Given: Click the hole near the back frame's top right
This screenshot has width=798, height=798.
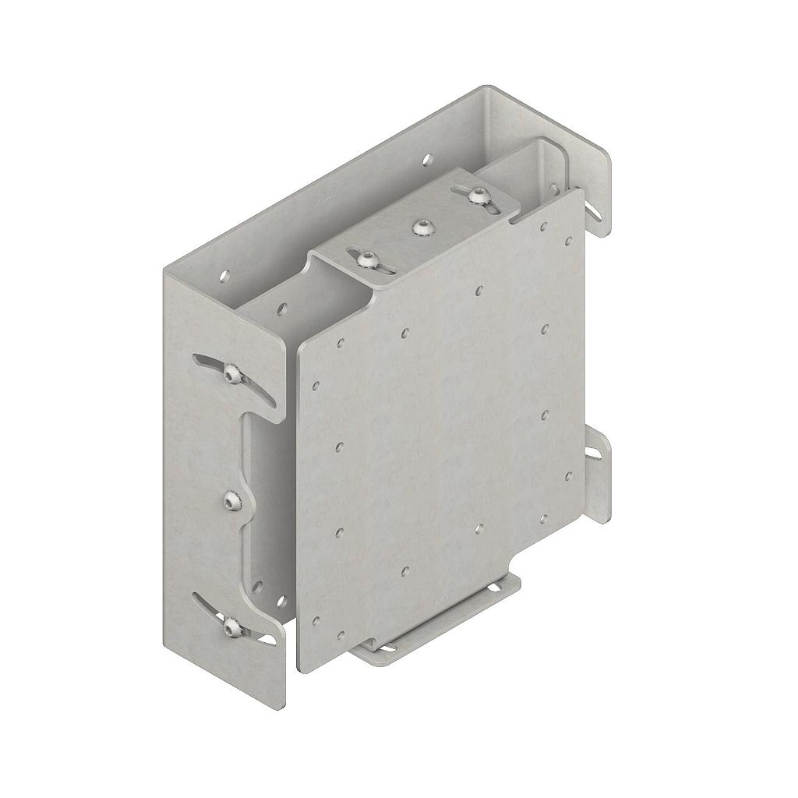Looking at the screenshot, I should point(425,160).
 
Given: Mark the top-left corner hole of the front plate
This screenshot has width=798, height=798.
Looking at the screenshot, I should point(341,342).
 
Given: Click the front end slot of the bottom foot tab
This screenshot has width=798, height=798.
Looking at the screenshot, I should point(377,647).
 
